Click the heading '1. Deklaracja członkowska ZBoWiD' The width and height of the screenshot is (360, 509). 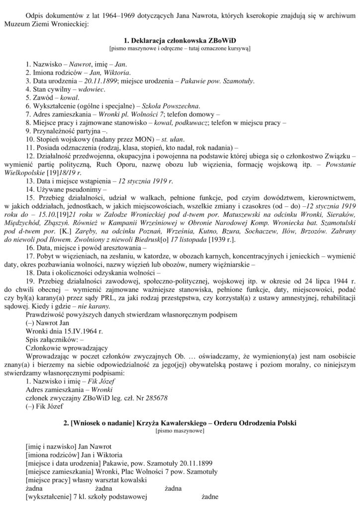click(180, 41)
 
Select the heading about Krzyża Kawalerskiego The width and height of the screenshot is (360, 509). click(180, 423)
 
